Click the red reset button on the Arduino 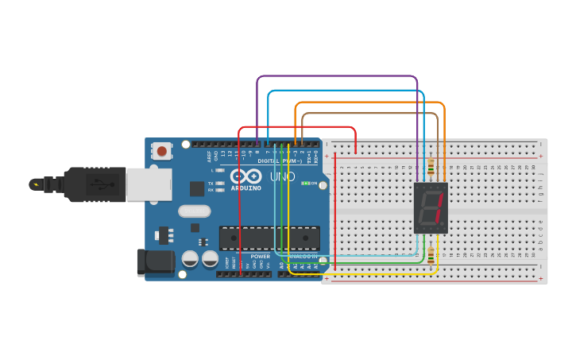pyautogui.click(x=162, y=150)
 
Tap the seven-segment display pyautogui.click(x=431, y=207)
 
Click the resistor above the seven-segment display pyautogui.click(x=431, y=167)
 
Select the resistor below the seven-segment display pyautogui.click(x=431, y=255)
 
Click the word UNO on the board pyautogui.click(x=282, y=176)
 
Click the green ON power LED pyautogui.click(x=305, y=184)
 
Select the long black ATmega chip pyautogui.click(x=269, y=238)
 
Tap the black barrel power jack pyautogui.click(x=155, y=262)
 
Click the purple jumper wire pyautogui.click(x=338, y=76)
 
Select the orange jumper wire pyautogui.click(x=369, y=103)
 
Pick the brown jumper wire pyautogui.click(x=369, y=114)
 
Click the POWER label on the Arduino pyautogui.click(x=260, y=257)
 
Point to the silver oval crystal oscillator pyautogui.click(x=195, y=211)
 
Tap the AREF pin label pyautogui.click(x=209, y=156)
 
